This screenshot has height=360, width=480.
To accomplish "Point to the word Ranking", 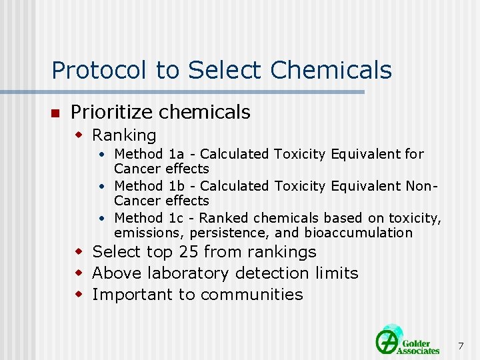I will (x=124, y=135).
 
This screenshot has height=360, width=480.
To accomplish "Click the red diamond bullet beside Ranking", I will (x=78, y=135).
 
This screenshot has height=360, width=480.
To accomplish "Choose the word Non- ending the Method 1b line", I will (x=422, y=186).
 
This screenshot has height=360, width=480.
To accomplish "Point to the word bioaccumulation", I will (x=359, y=233).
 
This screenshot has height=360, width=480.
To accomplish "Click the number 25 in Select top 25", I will (x=188, y=252).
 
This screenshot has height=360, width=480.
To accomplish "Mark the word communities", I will (x=252, y=295).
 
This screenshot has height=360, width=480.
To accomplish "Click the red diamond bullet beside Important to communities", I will (x=78, y=295).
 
